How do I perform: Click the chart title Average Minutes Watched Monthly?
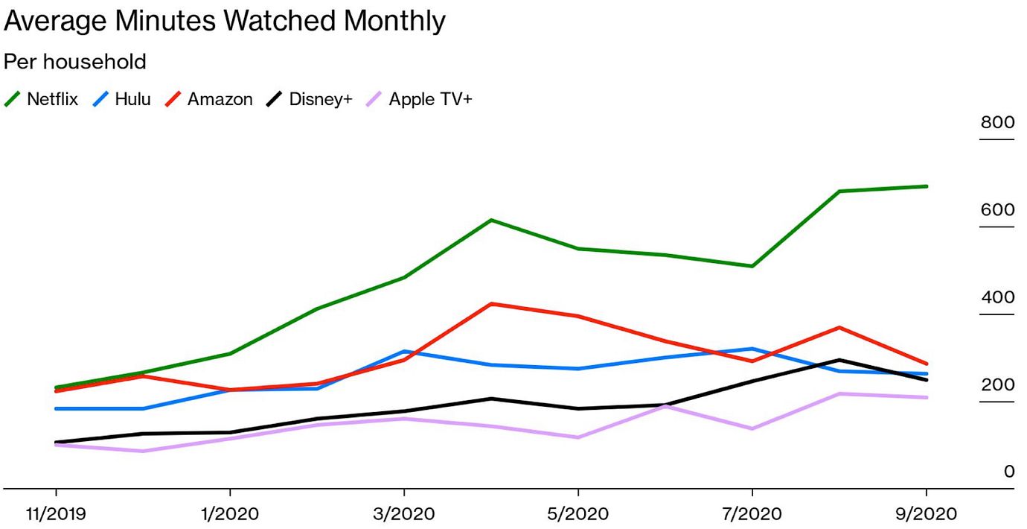pos(224,21)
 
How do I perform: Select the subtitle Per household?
pos(75,61)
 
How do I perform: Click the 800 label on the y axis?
pos(997,123)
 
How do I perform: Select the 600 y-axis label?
pos(997,210)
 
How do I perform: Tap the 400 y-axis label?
pos(997,297)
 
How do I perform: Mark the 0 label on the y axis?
pos(1008,472)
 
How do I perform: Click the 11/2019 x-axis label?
pos(56,514)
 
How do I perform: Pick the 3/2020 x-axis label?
pos(403,514)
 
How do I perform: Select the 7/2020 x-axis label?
pos(752,514)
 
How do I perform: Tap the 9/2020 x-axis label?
pos(925,514)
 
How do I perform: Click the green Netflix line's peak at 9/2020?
pos(926,186)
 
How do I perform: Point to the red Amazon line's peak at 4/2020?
pos(491,304)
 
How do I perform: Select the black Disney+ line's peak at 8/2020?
pos(839,360)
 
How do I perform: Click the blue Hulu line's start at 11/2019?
pos(57,408)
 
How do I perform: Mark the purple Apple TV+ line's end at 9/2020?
pos(926,397)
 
